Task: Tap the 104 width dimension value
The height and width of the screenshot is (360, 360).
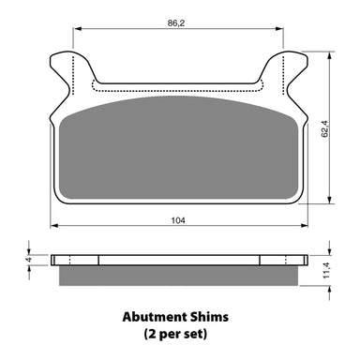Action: click(177, 219)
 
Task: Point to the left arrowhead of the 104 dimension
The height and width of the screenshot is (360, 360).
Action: click(54, 226)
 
